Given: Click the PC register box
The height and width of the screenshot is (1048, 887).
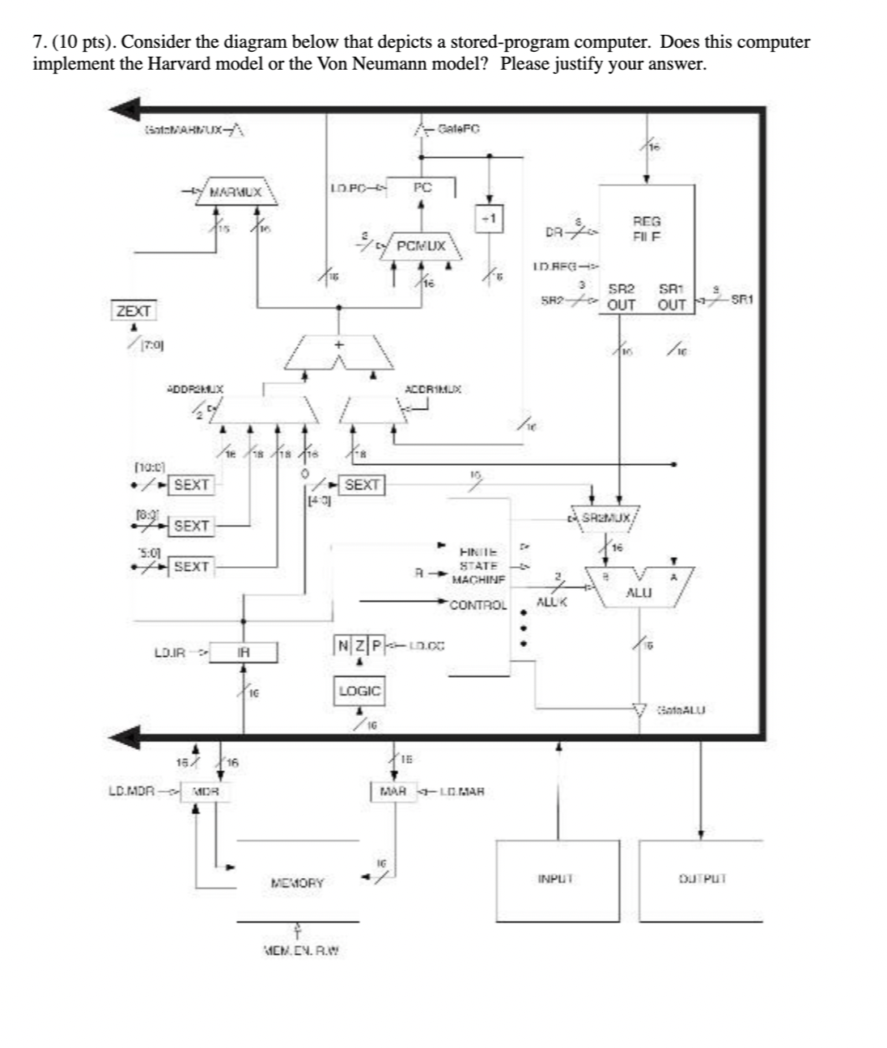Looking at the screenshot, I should click(422, 187).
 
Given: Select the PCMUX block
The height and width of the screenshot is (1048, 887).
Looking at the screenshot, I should click(420, 245).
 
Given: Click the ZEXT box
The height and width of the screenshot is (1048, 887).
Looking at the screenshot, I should click(134, 311).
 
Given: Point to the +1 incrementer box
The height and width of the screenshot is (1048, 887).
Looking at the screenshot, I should click(489, 219).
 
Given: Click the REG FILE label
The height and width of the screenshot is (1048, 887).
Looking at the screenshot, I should click(646, 228).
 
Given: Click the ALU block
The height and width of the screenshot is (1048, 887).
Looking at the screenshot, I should click(638, 590).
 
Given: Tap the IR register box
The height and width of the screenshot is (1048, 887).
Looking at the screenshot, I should click(244, 653).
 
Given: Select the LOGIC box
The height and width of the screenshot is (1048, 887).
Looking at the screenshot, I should click(359, 691).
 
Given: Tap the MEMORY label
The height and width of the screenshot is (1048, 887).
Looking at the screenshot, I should click(297, 883).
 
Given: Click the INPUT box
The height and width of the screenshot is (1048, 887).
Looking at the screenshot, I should click(556, 880).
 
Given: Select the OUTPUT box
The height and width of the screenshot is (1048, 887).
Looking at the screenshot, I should click(701, 880).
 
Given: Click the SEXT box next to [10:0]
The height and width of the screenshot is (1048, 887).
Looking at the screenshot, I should click(192, 485).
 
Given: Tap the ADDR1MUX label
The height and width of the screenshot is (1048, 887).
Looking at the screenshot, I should click(432, 390).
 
